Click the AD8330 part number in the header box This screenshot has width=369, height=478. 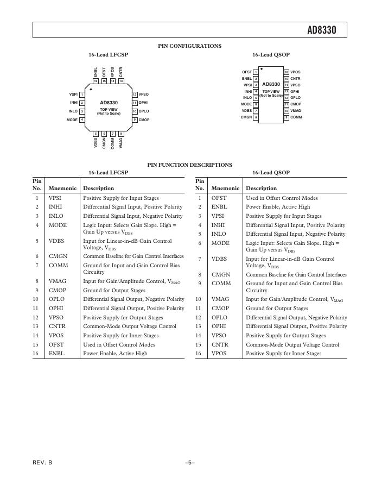click(322, 30)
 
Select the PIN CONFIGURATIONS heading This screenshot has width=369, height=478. click(189, 46)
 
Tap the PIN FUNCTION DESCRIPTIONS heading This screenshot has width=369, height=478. click(189, 165)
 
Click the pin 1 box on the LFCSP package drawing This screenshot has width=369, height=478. click(82, 95)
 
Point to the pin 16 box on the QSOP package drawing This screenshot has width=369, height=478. click(287, 72)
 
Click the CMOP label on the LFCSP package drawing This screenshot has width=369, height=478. click(144, 119)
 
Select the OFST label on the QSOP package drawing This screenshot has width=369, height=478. click(247, 72)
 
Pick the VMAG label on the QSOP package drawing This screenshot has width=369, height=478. click(296, 111)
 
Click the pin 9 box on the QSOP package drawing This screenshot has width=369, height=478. click(287, 117)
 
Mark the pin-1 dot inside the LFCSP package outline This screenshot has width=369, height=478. click(91, 89)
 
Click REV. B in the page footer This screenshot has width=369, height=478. click(43, 462)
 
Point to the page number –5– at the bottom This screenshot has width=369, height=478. click(189, 462)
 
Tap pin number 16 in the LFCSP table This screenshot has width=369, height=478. click(37, 354)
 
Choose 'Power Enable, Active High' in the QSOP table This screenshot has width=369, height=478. click(277, 207)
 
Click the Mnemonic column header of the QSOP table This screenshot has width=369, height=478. click(225, 188)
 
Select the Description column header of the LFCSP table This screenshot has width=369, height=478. click(98, 188)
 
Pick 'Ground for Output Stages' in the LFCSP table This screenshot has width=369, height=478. click(114, 291)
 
